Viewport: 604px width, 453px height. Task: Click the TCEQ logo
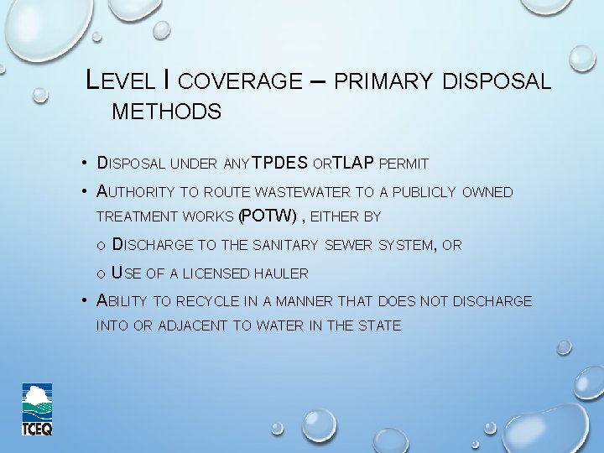(38, 409)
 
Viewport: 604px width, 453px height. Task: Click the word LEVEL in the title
(122, 81)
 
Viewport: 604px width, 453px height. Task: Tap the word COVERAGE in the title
(240, 81)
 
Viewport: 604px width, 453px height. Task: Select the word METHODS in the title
(166, 112)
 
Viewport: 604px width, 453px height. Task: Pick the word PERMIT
(404, 163)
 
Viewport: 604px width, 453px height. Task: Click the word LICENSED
(216, 273)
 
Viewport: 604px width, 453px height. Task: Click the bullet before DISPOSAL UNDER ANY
(86, 164)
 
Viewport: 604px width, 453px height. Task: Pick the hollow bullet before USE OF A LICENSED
(101, 273)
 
